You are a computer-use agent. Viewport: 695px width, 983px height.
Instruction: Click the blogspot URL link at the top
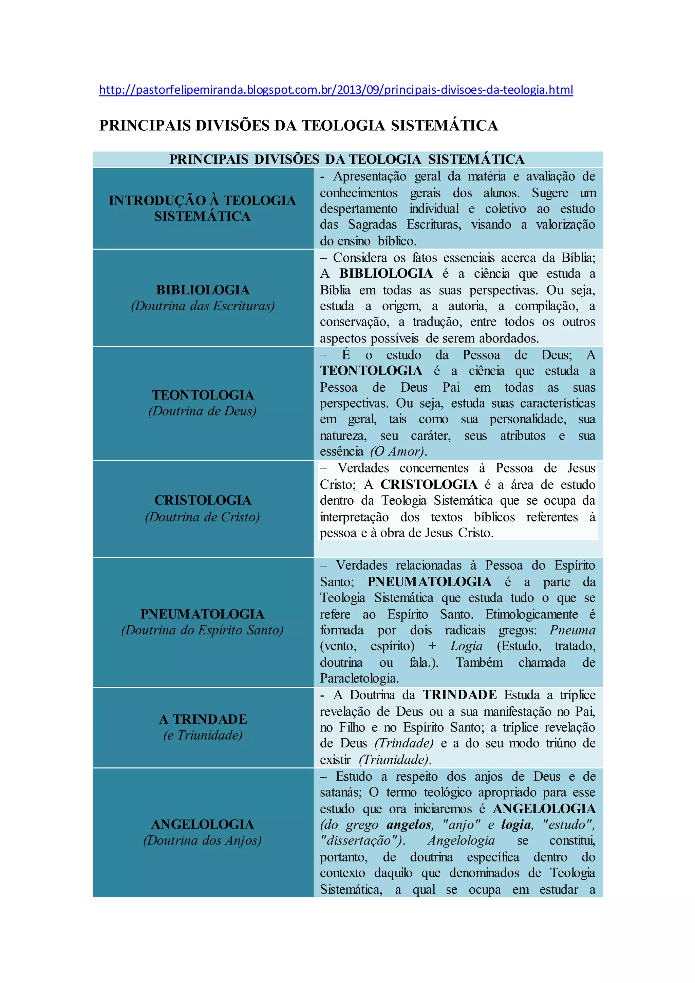(336, 90)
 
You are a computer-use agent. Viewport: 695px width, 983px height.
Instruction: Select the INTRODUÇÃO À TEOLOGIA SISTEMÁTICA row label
(202, 208)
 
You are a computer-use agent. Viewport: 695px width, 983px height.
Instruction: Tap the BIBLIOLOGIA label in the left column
(203, 290)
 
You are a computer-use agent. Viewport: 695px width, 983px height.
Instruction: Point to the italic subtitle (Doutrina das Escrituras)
(203, 306)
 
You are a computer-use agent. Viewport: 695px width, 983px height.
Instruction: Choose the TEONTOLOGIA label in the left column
(203, 395)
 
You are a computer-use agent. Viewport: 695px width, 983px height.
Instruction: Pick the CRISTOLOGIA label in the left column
(203, 500)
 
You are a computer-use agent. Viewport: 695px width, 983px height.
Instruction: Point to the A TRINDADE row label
(203, 719)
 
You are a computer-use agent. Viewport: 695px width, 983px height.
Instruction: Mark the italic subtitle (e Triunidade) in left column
(203, 735)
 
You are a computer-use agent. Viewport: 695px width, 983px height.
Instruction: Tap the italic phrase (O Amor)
(398, 452)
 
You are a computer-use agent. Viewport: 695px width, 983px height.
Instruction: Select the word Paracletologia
(359, 679)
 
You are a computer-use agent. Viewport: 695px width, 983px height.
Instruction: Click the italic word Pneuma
(572, 630)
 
